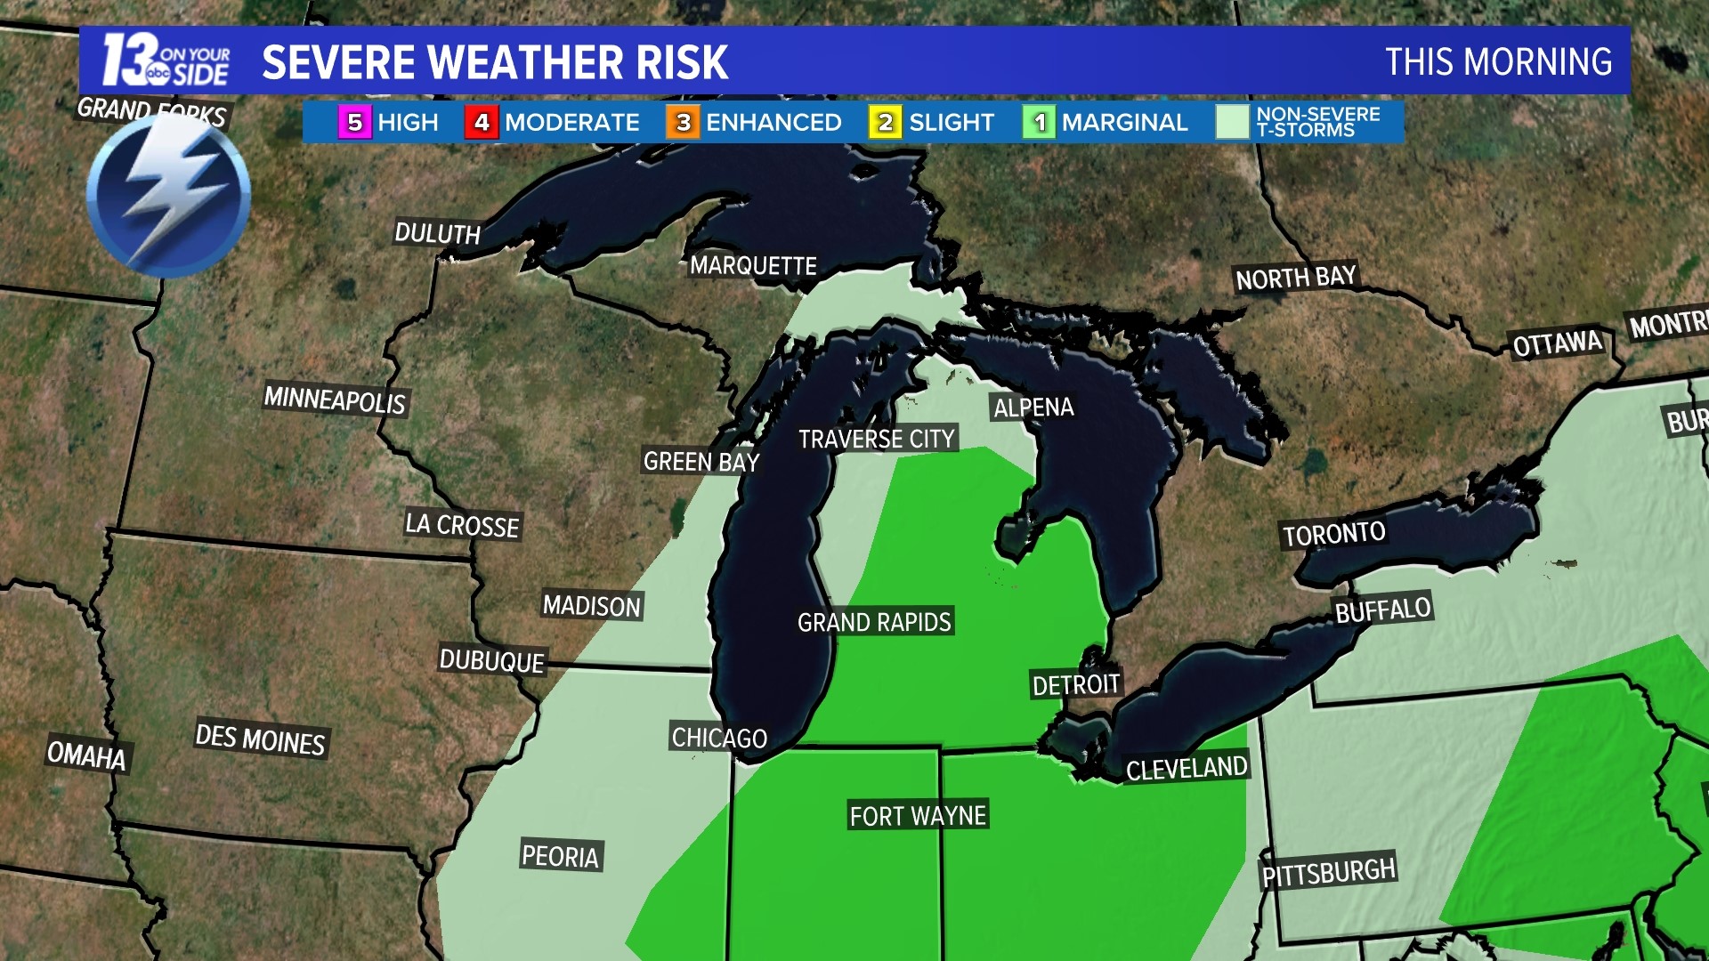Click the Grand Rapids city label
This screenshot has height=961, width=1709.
point(874,622)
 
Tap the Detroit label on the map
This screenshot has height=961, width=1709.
point(1075,684)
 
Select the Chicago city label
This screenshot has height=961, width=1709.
point(719,738)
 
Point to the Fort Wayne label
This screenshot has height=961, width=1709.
point(918,816)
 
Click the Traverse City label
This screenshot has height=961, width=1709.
point(876,439)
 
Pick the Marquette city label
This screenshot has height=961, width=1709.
point(753,265)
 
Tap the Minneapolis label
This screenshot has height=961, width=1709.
point(335,400)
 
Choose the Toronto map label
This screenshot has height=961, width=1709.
point(1333,534)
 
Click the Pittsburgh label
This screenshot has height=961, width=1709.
point(1328,872)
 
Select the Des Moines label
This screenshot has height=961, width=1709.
point(260,739)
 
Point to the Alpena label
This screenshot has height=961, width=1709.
point(1033,408)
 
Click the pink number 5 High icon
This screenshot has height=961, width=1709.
point(354,123)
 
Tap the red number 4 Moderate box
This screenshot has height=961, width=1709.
point(482,123)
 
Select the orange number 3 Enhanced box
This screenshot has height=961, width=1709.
point(683,123)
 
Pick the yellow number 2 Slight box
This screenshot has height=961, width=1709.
point(885,123)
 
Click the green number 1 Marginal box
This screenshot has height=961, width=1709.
point(1039,123)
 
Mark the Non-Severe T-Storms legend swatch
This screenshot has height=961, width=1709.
point(1233,123)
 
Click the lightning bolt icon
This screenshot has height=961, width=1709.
point(168,196)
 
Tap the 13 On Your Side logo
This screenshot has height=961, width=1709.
point(166,61)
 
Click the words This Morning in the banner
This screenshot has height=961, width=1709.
point(1498,62)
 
